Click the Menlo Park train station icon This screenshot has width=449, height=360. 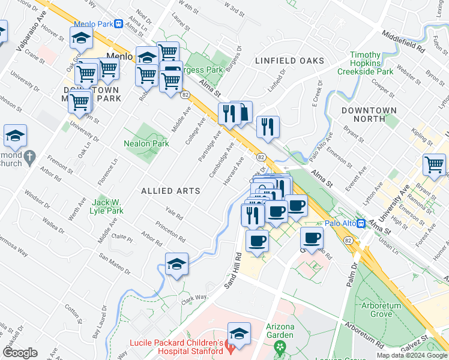(x=119, y=24)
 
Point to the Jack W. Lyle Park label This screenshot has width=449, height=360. (x=107, y=206)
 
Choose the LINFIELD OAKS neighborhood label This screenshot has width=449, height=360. (x=289, y=61)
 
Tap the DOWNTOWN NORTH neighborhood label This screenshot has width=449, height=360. (x=369, y=115)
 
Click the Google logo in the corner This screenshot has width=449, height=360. (x=20, y=352)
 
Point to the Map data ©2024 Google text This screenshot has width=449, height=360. (x=412, y=355)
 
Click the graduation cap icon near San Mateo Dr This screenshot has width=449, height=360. (x=176, y=264)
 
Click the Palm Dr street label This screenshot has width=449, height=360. (x=352, y=275)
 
